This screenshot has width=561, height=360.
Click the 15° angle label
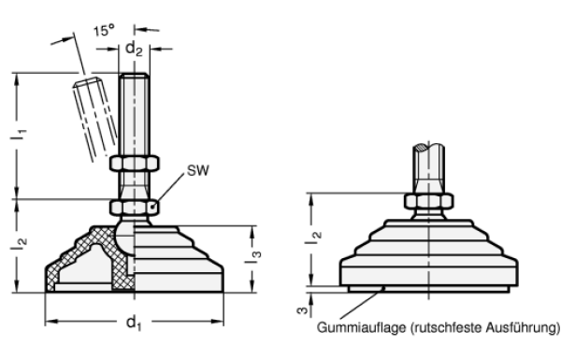click(104, 30)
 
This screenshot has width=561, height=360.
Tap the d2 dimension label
click(134, 49)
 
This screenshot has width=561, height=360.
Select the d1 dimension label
click(134, 324)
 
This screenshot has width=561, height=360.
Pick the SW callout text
click(198, 171)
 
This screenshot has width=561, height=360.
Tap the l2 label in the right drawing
click(313, 238)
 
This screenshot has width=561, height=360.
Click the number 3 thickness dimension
click(303, 310)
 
